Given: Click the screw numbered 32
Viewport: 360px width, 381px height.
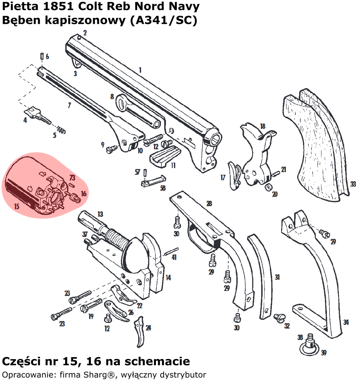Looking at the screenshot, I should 278,317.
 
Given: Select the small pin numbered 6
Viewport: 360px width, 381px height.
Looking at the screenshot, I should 41,56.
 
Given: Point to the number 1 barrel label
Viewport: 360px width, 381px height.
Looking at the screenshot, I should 140,70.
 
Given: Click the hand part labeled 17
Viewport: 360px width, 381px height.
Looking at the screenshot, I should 234,175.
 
